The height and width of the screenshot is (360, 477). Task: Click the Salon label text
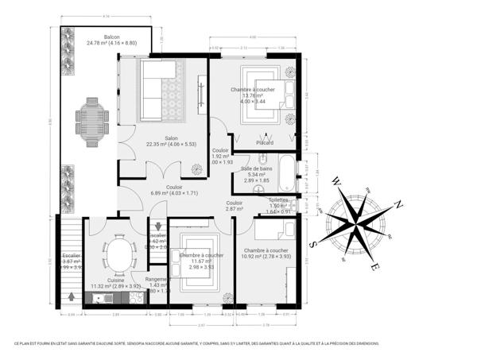(x=171, y=138)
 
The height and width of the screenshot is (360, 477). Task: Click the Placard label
(x=265, y=142)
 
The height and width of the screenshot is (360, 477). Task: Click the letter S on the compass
(x=315, y=244)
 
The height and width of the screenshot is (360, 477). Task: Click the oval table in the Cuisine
(x=119, y=256)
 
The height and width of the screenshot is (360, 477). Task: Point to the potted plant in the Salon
(x=196, y=168)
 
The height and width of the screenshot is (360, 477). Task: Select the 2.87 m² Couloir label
(x=234, y=203)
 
